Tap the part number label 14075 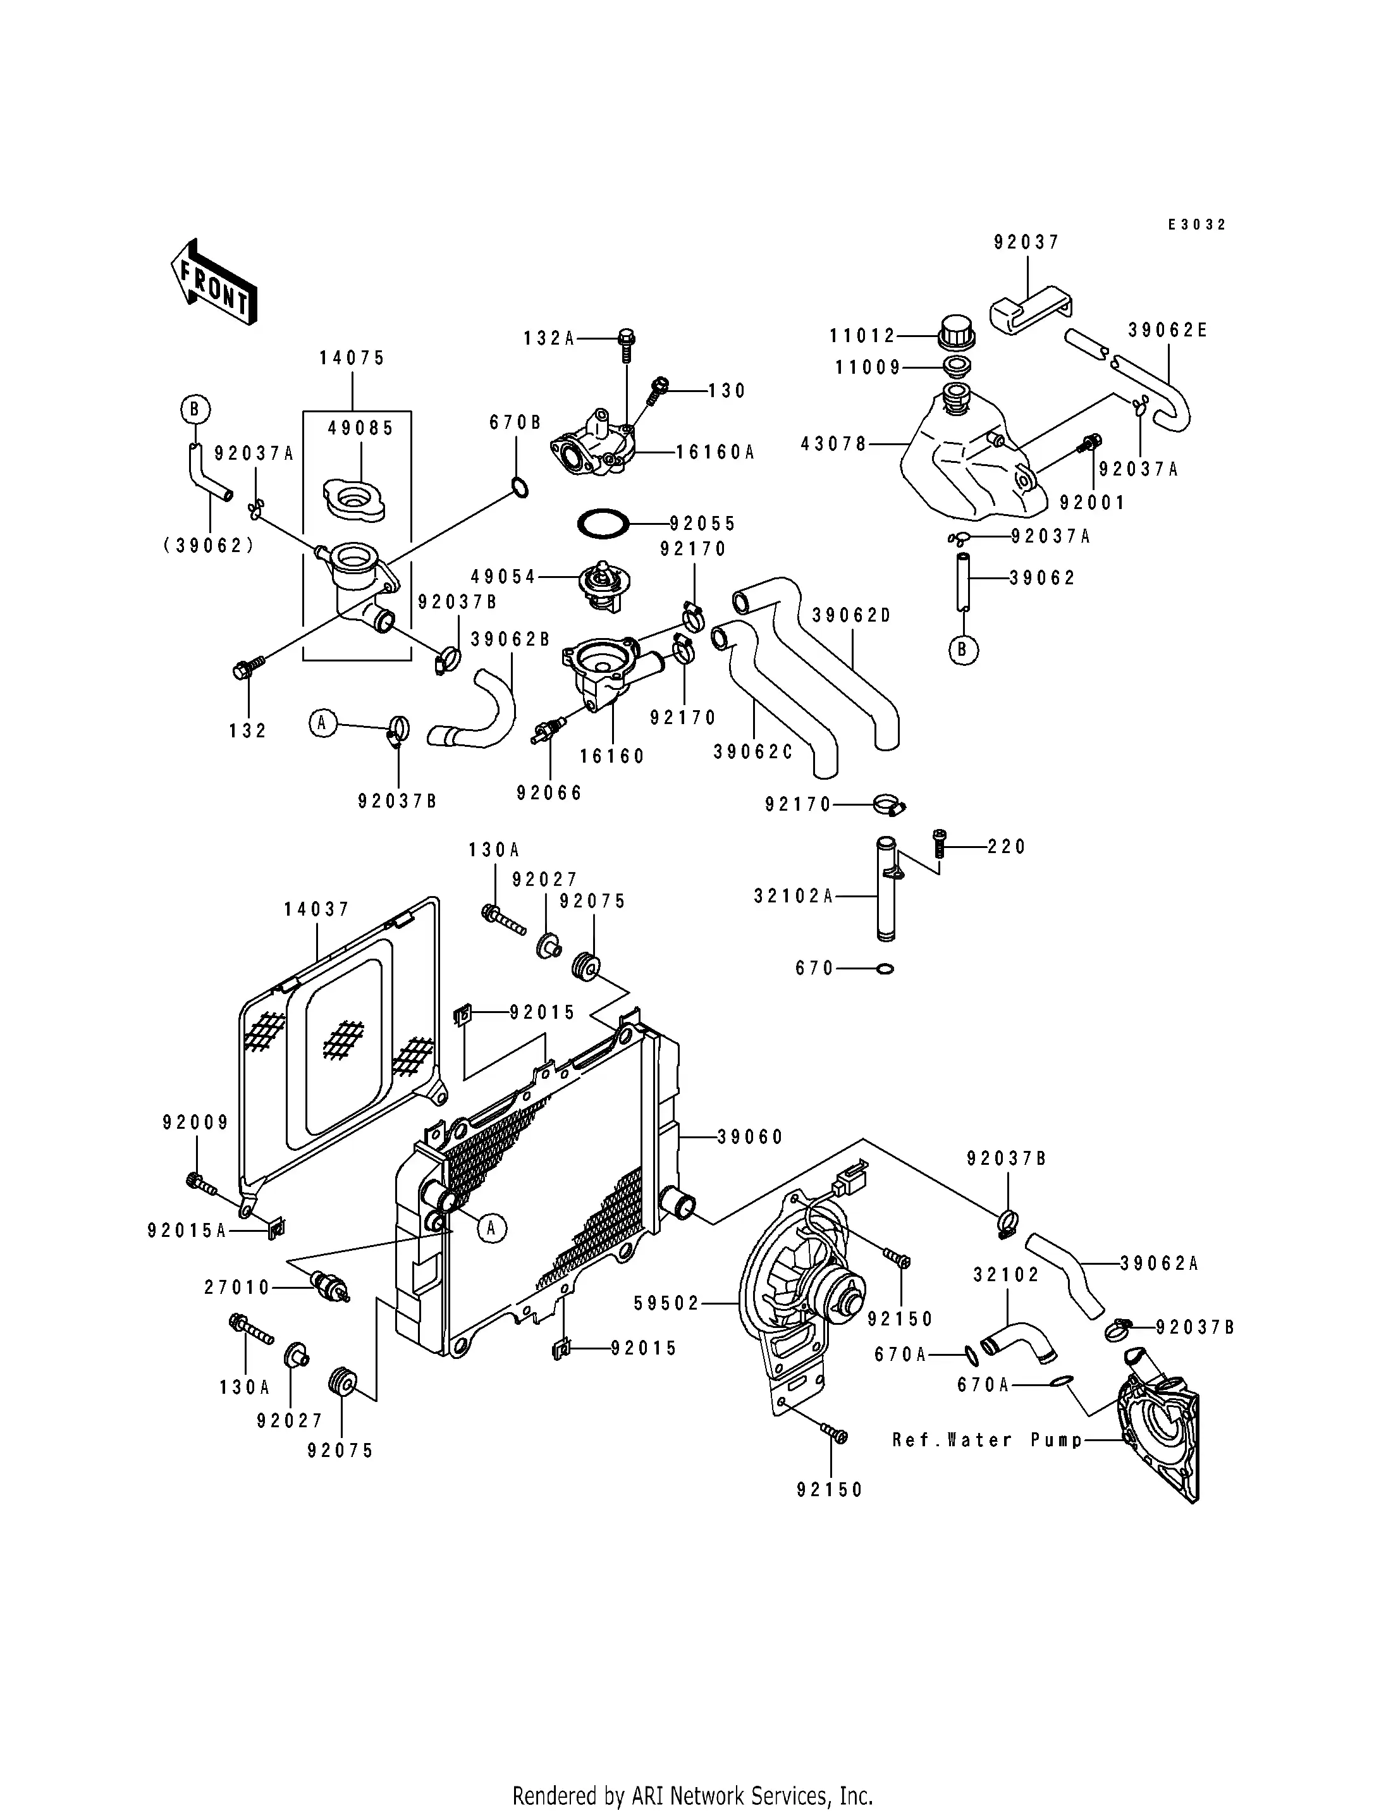pos(352,358)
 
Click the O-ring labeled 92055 pos(603,523)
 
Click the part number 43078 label pos(833,445)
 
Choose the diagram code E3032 pos(1196,224)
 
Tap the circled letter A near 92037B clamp pos(322,723)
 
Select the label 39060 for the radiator pos(749,1137)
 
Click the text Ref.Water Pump pos(986,1440)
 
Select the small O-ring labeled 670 pos(885,969)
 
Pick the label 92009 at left pos(195,1123)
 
